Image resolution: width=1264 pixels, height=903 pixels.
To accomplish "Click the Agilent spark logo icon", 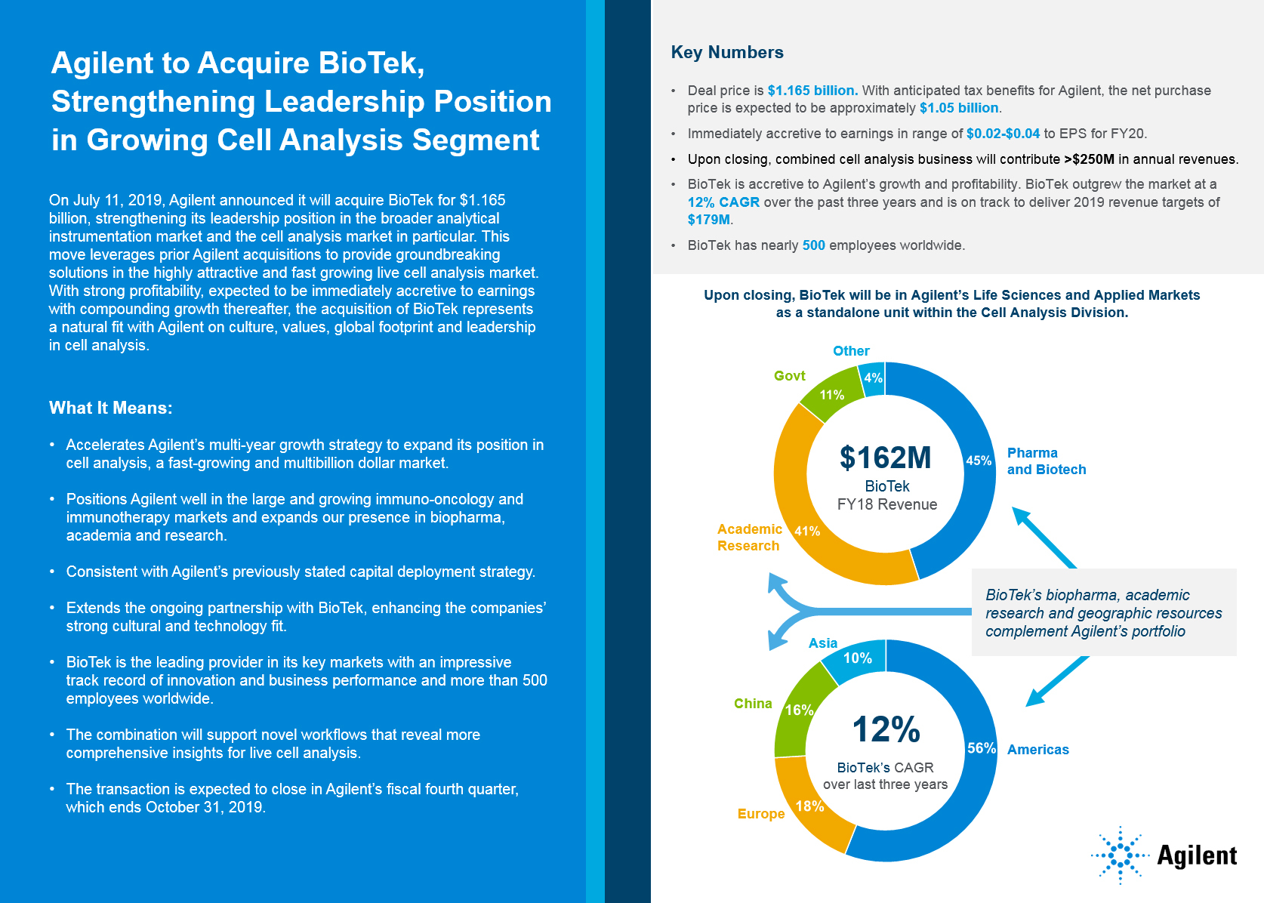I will coord(1121,855).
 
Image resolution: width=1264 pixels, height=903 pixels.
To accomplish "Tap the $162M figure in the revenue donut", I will coord(886,458).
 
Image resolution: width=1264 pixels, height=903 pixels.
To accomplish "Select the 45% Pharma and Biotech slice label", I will coord(979,461).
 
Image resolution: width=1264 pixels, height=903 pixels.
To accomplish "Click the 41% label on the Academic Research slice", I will coord(807,531).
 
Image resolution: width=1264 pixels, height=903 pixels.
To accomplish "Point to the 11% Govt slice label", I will coord(832,395).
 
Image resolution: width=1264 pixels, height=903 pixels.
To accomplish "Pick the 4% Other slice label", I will coord(874,378).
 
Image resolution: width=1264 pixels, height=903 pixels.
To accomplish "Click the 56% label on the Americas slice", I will coord(982,748).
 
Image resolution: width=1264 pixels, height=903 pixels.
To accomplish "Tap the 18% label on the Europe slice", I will coord(809,806).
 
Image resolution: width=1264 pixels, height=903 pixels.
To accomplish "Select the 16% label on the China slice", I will coord(799,710).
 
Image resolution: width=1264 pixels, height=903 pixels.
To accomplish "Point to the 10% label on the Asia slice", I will coord(858,658).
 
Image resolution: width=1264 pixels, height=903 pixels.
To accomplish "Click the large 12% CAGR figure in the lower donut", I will coord(886,729).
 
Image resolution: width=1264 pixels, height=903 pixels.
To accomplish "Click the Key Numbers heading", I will coord(727,52).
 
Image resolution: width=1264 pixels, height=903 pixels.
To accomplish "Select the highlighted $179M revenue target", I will coord(709,220).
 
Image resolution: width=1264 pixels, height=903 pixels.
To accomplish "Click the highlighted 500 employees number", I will coord(813,245).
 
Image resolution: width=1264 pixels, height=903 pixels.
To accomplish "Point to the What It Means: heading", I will coord(111,408).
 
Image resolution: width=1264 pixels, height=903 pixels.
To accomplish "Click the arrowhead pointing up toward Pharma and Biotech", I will coord(1021,516).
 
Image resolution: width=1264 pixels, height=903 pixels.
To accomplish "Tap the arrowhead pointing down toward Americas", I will coord(1034,698).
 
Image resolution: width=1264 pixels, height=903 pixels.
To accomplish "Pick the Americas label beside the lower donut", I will coord(1037,750).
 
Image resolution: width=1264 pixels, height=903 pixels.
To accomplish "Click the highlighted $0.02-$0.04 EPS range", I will coord(1003,134).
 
